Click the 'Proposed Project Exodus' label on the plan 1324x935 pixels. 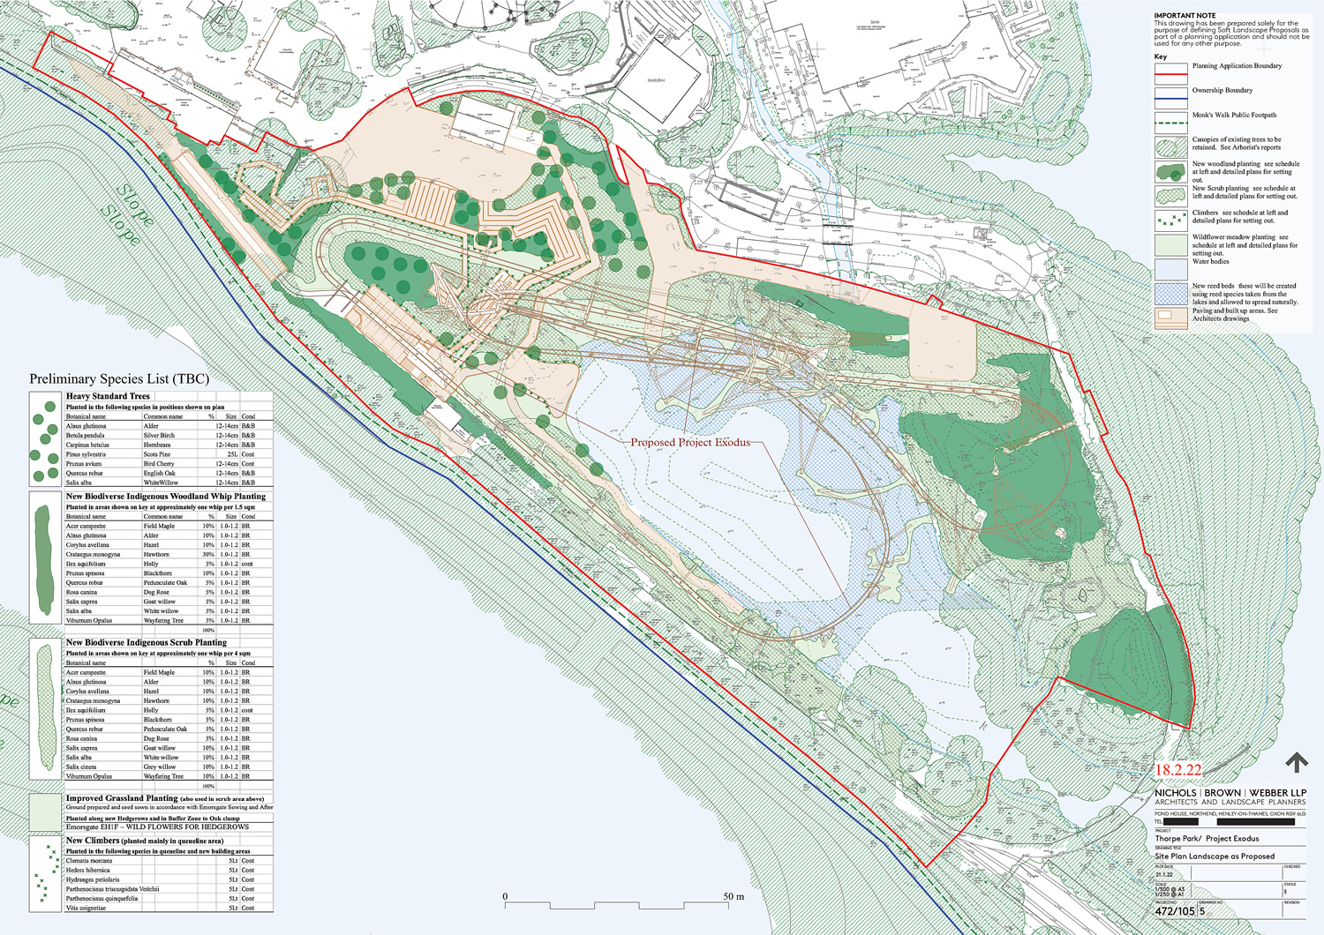click(690, 442)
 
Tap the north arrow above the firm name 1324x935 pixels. click(1296, 762)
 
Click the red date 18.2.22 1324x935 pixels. click(1178, 770)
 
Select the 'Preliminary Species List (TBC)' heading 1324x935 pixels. click(119, 379)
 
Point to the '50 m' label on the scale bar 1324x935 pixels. click(733, 896)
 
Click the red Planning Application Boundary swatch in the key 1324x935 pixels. click(1170, 71)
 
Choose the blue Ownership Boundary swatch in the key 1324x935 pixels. click(1170, 95)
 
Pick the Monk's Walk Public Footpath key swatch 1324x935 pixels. click(1170, 120)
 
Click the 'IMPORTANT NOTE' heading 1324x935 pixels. click(1185, 16)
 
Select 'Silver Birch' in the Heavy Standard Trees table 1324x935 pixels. click(159, 436)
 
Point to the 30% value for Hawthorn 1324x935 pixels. click(208, 555)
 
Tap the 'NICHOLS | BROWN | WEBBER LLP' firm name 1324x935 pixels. click(1230, 793)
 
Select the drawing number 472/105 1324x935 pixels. click(1175, 911)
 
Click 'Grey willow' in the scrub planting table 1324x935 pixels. click(161, 767)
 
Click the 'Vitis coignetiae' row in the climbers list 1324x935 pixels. click(86, 908)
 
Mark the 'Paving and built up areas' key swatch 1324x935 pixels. click(1170, 318)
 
